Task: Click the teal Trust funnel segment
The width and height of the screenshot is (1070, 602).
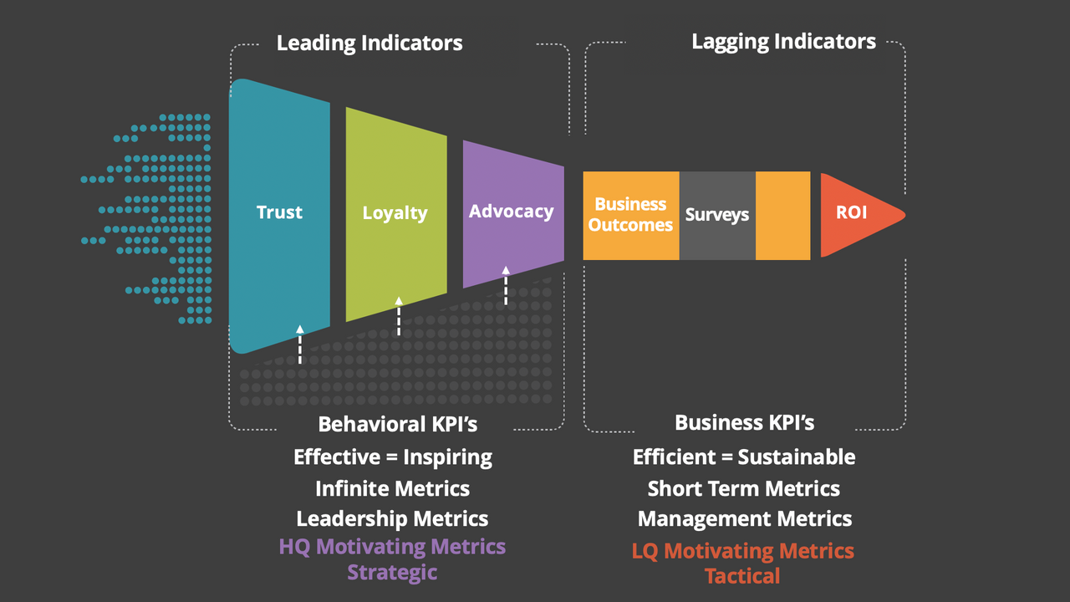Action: pos(279,213)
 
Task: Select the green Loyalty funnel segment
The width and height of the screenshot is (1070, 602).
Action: pos(395,213)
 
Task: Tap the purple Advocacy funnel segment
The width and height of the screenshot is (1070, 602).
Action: pos(511,212)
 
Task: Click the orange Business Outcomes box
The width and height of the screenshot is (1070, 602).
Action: pos(630,215)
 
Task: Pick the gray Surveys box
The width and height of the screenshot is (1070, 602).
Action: pos(717,215)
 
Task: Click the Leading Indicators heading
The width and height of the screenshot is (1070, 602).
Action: pos(369,43)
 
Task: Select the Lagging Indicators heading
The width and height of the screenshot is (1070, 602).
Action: pos(783,42)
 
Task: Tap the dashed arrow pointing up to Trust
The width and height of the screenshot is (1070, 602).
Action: pos(299,345)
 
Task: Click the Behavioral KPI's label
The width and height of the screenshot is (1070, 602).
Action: pos(398,424)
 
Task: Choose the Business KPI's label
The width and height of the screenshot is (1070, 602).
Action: pos(744,423)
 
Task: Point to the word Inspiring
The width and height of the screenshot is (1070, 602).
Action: pos(448,457)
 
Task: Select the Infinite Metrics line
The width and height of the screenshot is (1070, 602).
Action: pos(392,488)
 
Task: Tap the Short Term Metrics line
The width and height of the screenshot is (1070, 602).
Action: pos(743,488)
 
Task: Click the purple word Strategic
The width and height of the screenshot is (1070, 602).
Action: pos(392,573)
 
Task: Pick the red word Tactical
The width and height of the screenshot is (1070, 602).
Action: pos(742,576)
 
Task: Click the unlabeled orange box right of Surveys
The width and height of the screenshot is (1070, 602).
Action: pos(782,215)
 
